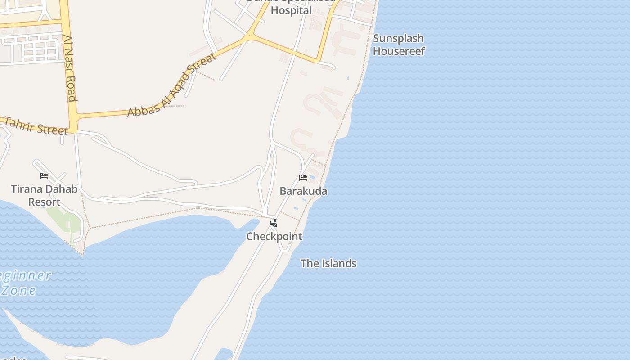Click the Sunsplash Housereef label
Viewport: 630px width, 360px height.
(x=399, y=45)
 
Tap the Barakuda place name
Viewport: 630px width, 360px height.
(x=303, y=191)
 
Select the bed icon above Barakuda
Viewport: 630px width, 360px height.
(x=303, y=177)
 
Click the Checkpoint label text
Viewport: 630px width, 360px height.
(x=274, y=236)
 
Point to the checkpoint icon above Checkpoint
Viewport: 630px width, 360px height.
(x=274, y=223)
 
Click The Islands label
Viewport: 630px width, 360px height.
(x=328, y=263)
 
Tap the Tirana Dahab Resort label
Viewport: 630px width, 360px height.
(x=44, y=195)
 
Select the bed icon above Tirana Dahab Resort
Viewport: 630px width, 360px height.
(x=44, y=175)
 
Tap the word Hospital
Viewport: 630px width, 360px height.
(x=291, y=10)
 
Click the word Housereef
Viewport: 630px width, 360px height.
(x=399, y=51)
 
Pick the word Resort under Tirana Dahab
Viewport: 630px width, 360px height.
(x=44, y=202)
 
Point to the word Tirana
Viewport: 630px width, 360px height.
(x=26, y=189)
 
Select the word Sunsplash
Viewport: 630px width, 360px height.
(x=399, y=38)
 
